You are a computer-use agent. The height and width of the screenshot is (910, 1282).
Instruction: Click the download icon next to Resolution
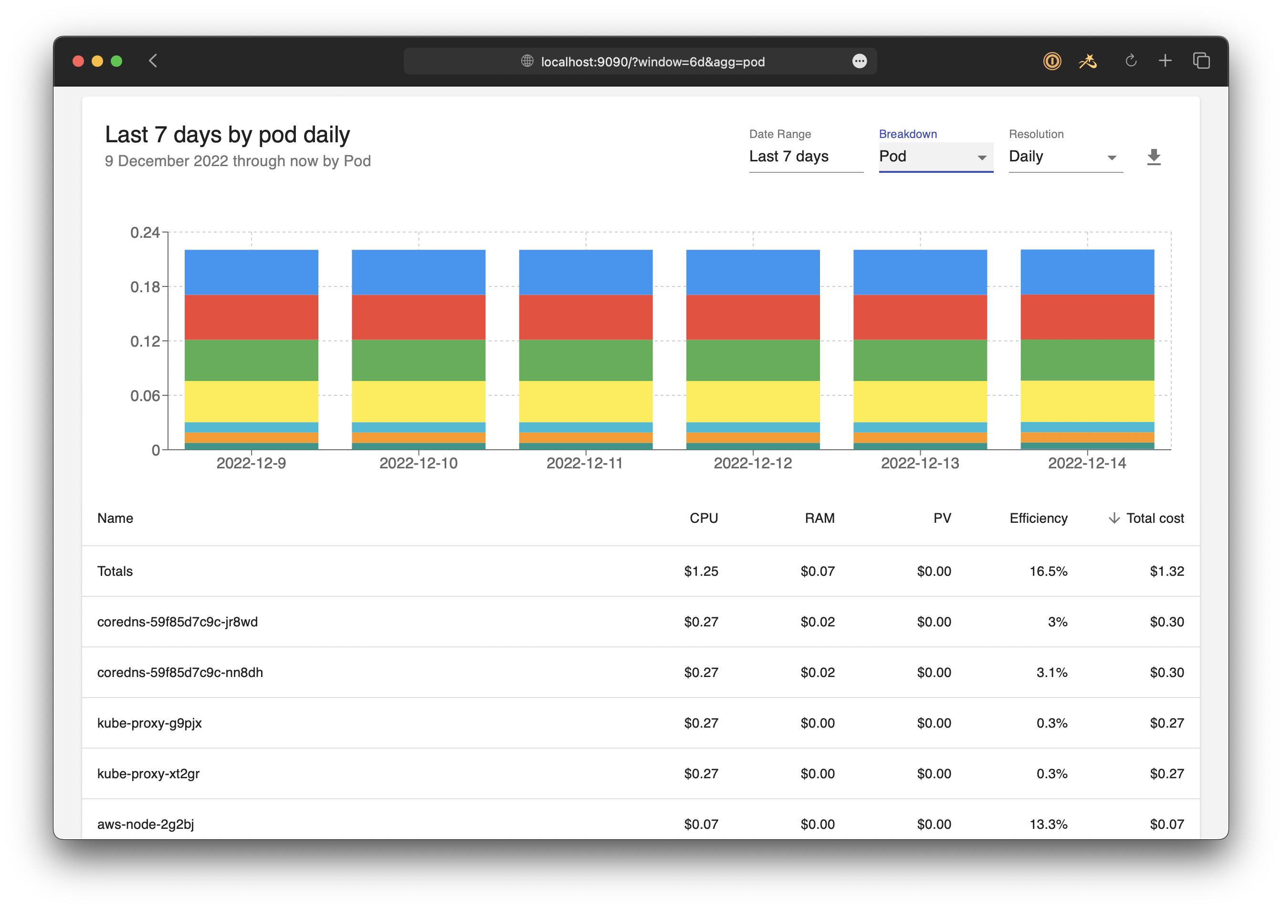(1153, 157)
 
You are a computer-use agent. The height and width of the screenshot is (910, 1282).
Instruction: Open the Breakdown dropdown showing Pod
(935, 156)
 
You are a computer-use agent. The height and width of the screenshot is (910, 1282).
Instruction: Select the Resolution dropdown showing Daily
(1065, 156)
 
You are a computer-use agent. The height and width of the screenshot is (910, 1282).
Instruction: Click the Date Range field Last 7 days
(805, 156)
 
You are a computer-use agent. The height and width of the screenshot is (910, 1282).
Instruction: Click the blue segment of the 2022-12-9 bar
(252, 272)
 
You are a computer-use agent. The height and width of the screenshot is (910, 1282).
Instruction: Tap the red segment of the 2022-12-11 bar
(585, 317)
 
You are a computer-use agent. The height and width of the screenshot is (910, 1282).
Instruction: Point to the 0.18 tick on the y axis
(145, 287)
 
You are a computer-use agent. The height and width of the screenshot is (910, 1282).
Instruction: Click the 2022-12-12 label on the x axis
(752, 464)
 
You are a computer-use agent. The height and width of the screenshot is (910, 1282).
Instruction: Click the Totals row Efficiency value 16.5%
(1048, 571)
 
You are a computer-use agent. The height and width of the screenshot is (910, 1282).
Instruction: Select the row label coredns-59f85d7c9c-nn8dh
(180, 672)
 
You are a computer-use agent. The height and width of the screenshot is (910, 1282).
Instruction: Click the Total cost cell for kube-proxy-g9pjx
(1166, 723)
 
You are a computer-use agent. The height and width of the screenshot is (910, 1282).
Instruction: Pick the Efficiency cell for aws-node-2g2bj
(1048, 824)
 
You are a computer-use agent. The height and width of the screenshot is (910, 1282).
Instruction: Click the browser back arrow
(153, 61)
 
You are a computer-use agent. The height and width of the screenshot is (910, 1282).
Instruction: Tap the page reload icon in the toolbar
(1130, 61)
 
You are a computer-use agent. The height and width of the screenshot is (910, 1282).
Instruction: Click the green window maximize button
(116, 61)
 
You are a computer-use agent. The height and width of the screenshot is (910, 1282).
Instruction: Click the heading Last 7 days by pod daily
(227, 135)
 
